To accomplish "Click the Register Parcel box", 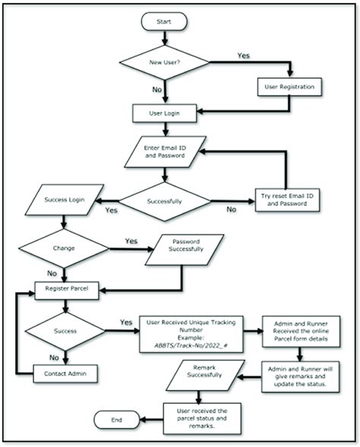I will (x=68, y=288).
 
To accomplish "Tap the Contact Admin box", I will (x=68, y=373).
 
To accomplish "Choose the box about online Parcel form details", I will (x=302, y=332).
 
